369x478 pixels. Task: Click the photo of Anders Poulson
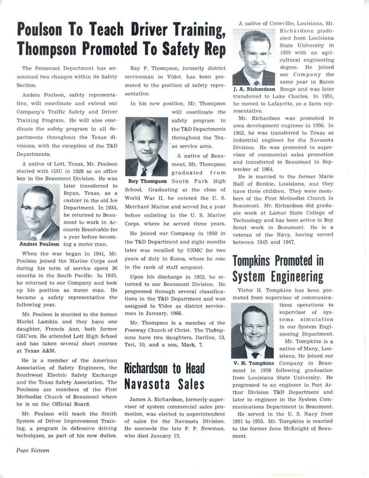click(38, 212)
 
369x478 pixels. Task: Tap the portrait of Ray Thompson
click(146, 147)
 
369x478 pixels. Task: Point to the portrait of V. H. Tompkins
click(252, 331)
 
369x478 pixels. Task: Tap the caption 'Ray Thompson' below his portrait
click(148, 181)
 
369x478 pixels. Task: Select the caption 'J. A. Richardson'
click(254, 89)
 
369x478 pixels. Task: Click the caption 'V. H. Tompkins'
click(253, 363)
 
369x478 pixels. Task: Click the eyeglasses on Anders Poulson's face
click(37, 208)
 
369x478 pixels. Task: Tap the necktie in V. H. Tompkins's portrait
click(254, 355)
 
